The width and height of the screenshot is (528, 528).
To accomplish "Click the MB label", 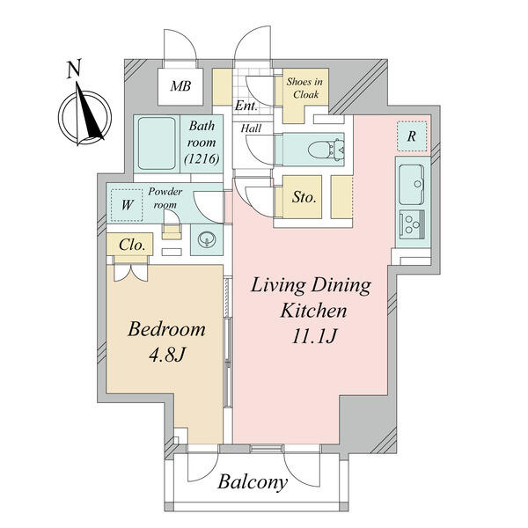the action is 180,86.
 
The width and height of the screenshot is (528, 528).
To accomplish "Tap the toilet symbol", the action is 326,150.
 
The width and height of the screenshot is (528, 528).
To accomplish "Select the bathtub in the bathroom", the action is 157,143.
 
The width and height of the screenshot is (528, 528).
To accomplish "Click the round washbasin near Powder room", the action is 207,239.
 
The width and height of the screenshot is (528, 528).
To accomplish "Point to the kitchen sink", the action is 411,184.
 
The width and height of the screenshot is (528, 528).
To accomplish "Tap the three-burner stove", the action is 412,224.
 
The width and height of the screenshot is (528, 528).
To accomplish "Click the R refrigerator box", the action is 412,136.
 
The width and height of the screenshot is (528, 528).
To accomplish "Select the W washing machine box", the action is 127,205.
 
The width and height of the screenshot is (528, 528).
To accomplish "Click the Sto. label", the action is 304,197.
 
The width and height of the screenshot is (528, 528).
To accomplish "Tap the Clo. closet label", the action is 132,245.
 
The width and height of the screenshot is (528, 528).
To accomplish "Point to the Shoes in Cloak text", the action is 305,88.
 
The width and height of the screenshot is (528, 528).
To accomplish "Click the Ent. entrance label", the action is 246,106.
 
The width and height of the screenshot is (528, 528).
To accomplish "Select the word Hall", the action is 251,128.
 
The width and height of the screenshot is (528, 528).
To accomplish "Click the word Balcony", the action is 253,482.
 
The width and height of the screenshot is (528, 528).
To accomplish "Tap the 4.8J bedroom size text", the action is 167,355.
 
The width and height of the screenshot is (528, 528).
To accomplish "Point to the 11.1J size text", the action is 314,336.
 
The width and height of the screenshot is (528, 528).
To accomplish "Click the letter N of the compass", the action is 74,69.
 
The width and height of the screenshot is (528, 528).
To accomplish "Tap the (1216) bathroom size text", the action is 202,158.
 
